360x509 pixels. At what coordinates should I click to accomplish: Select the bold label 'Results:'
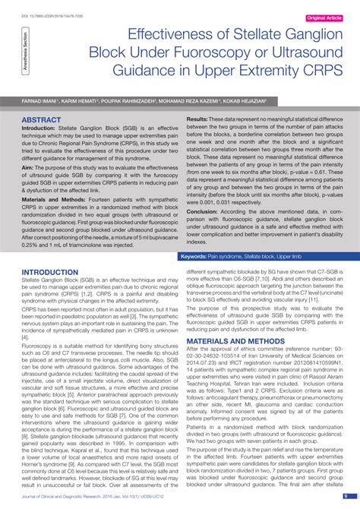click(x=198, y=120)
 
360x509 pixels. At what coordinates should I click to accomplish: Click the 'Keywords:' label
click(x=198, y=257)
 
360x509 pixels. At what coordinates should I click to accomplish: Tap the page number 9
click(x=346, y=497)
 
